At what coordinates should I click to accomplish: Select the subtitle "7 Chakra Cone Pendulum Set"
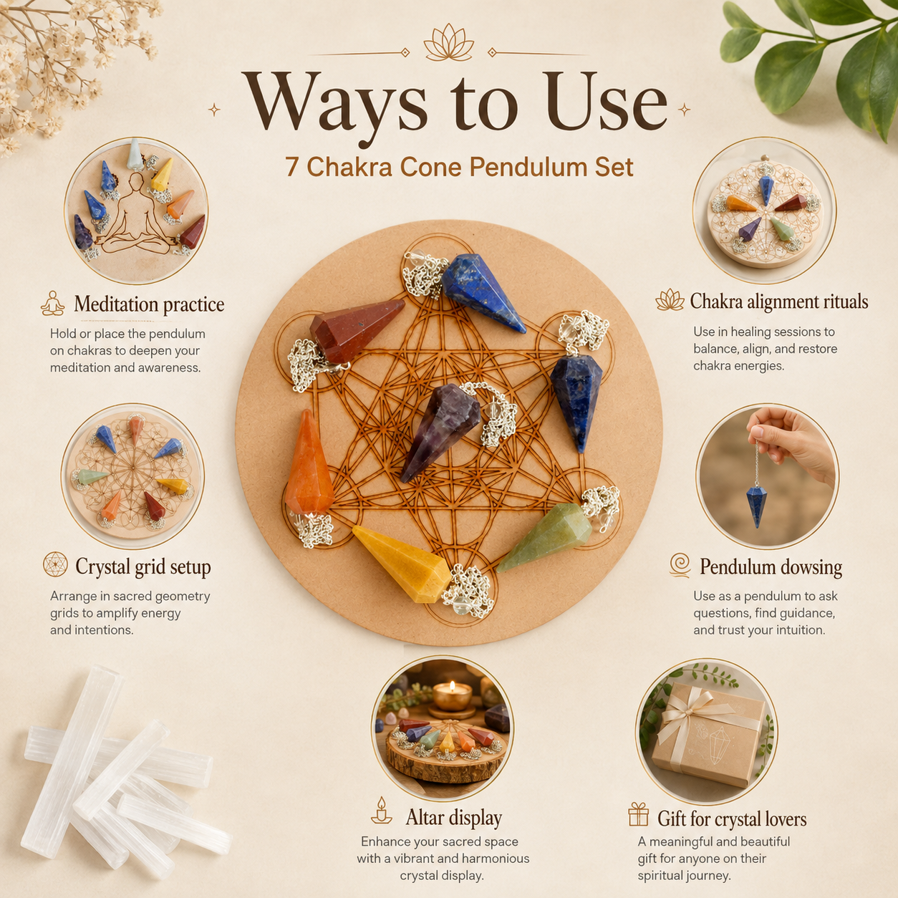click(460, 166)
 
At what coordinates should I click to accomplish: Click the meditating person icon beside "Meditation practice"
click(53, 304)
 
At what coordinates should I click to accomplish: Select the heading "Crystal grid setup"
click(143, 567)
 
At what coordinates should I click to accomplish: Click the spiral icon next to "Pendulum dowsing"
click(680, 565)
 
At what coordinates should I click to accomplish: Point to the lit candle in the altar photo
click(451, 697)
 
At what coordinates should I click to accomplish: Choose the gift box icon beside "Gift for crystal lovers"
click(638, 814)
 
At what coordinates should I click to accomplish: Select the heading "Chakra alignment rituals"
click(778, 301)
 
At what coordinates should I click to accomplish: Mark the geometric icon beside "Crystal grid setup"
click(55, 564)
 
